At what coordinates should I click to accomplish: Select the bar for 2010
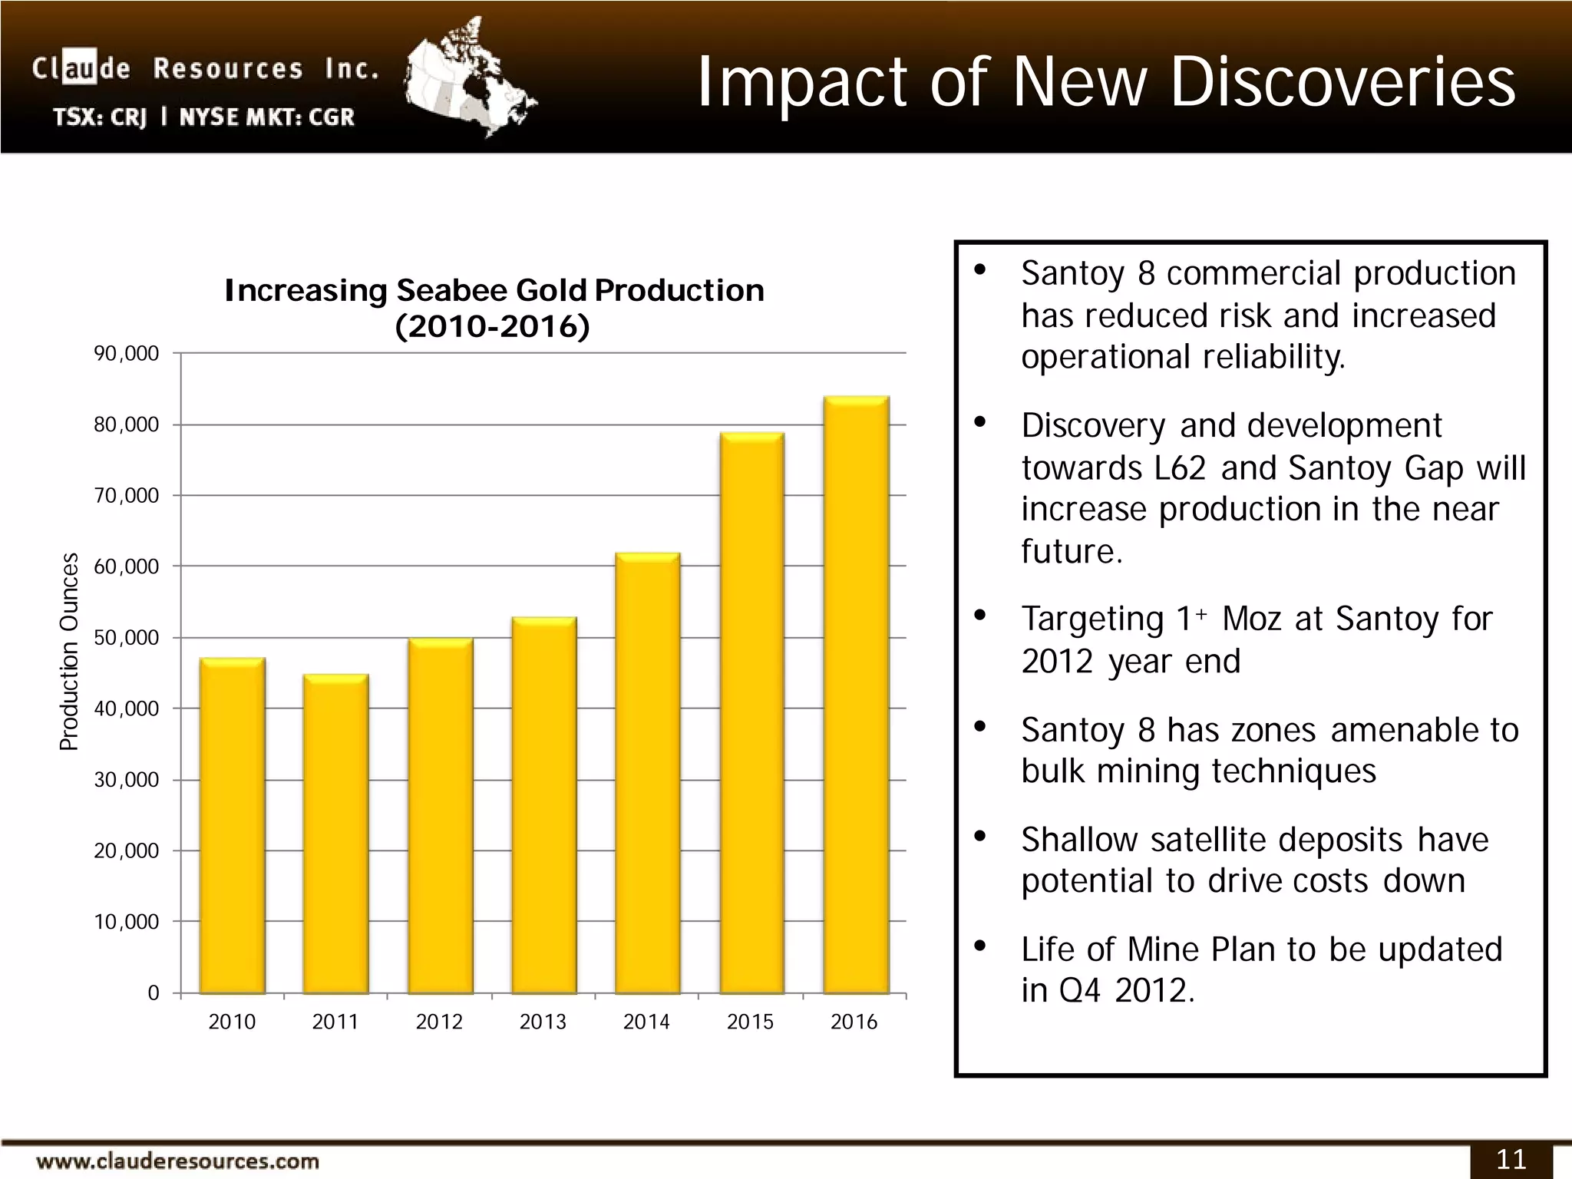(232, 825)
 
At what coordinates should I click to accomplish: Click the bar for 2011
(335, 834)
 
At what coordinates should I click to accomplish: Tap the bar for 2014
(647, 772)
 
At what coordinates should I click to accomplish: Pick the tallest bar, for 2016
(856, 695)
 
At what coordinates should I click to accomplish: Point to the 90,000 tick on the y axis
(126, 354)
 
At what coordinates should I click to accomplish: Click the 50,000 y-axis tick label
(126, 638)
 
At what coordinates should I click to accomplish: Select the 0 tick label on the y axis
(153, 993)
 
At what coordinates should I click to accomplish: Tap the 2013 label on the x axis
(543, 1022)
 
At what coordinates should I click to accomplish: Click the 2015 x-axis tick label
(750, 1022)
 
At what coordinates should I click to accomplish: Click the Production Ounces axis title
(69, 652)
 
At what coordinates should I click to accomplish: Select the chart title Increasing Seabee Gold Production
(494, 291)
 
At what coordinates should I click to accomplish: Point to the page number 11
(1511, 1159)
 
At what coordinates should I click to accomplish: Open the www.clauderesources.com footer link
(177, 1161)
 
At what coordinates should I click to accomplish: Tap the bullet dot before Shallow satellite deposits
(979, 837)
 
